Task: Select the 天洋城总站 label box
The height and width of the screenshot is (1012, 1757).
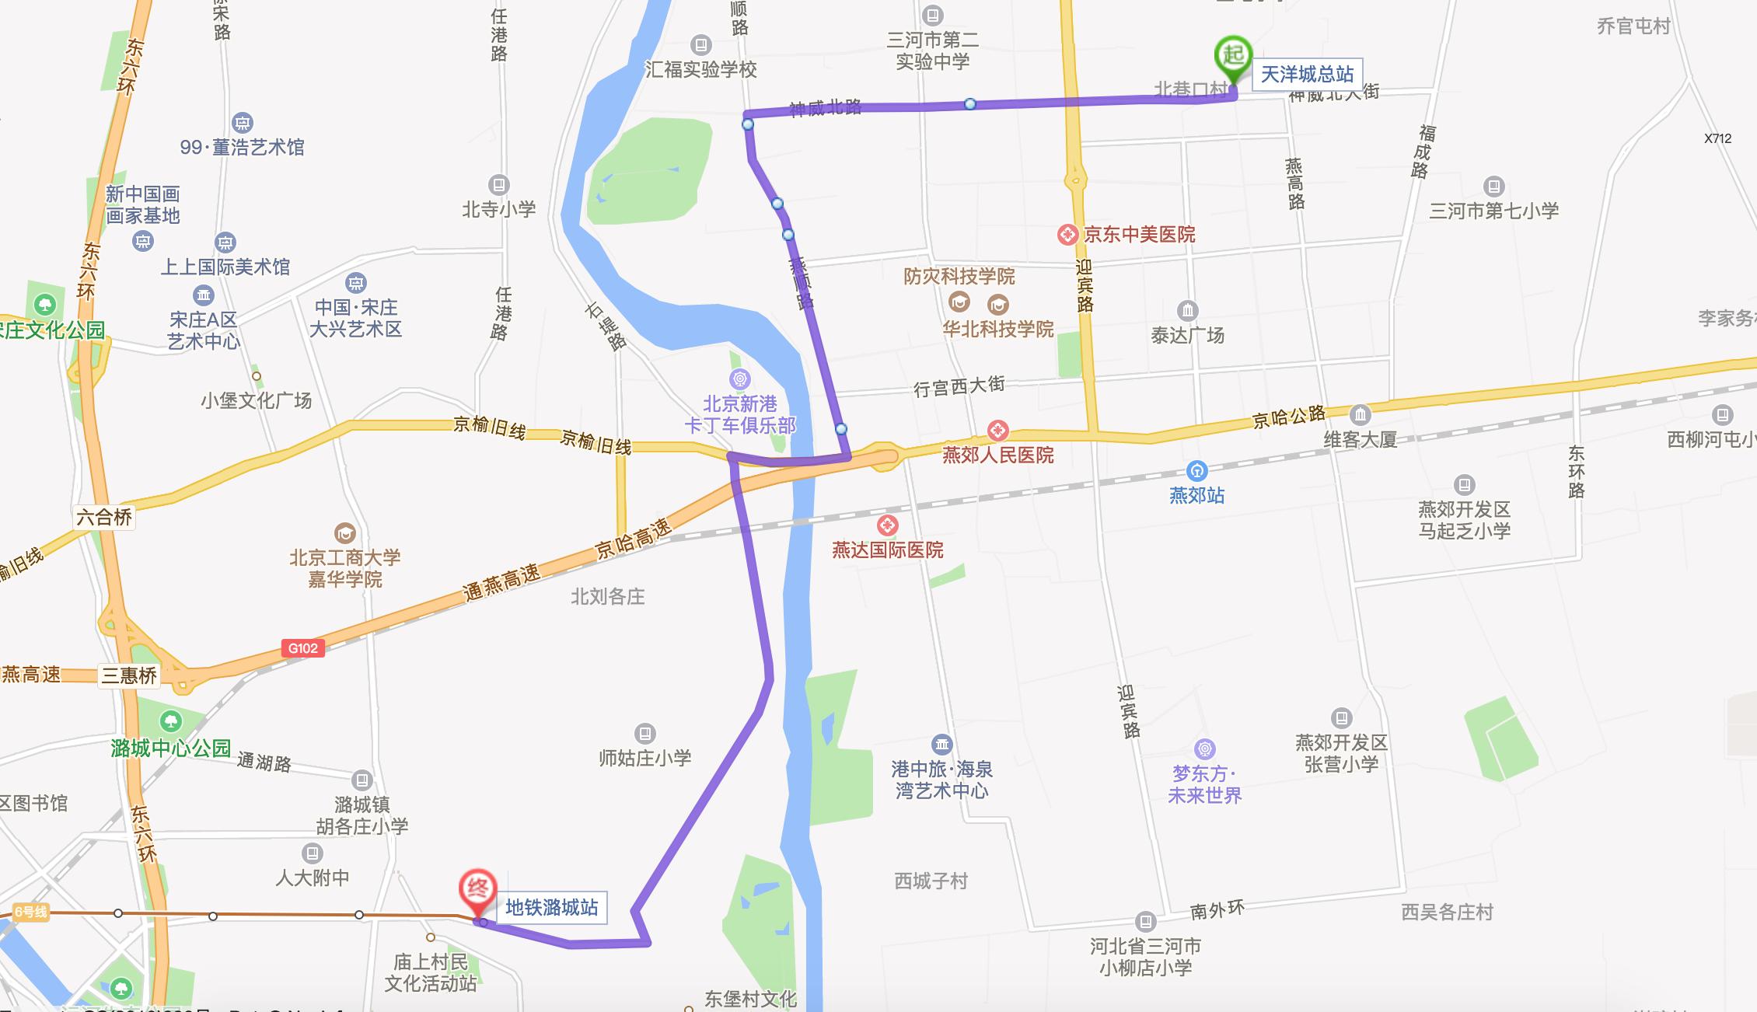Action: [1307, 74]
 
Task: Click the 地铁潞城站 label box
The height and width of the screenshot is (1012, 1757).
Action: [551, 907]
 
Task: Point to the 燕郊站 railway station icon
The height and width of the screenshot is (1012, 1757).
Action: [1196, 470]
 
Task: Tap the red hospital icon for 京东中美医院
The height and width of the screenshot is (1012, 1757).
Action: [1068, 234]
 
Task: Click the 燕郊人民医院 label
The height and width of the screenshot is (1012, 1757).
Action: [997, 455]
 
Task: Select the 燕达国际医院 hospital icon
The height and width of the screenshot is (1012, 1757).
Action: [887, 525]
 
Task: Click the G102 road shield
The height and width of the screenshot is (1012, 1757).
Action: [302, 648]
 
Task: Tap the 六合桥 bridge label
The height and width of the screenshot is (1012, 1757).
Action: [104, 517]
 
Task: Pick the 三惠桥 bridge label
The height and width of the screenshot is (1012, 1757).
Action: [129, 675]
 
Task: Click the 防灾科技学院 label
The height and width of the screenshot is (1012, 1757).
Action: [959, 276]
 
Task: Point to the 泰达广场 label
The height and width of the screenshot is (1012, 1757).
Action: [1187, 335]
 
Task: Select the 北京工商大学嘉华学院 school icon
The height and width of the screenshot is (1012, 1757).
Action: [344, 533]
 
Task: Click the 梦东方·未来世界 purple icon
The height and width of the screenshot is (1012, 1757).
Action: [1204, 749]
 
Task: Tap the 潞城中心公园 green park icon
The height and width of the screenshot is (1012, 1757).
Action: [172, 721]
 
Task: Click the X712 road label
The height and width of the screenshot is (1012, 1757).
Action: [1717, 138]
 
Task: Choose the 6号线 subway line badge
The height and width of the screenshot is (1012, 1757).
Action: [30, 913]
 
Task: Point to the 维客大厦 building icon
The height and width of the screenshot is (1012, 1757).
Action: [1360, 414]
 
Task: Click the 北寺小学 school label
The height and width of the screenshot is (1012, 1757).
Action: [498, 209]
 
